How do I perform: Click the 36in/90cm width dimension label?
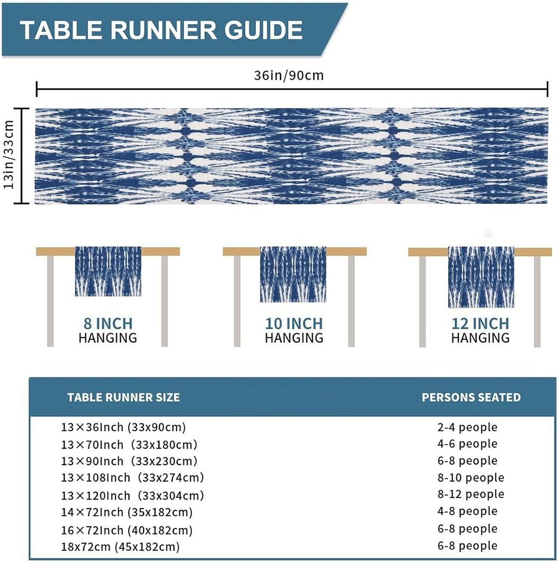289,75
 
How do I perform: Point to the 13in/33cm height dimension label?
9,155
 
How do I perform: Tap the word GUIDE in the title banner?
263,30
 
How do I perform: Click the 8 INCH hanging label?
108,330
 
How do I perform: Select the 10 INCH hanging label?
294,330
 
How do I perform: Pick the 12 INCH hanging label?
480,330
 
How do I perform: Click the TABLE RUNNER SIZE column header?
123,397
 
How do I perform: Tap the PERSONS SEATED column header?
471,397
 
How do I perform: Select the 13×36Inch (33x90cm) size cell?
123,427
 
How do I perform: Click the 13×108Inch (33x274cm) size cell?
132,478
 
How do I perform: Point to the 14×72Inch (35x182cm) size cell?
127,512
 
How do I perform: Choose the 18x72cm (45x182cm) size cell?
120,547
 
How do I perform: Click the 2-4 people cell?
467,427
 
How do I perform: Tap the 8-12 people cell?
471,494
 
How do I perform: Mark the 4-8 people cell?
467,511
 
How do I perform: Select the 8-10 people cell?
471,478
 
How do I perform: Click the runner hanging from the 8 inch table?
108,271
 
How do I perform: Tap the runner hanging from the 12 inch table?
481,277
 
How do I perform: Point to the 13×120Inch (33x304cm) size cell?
132,496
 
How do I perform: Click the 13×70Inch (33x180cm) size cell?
129,445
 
